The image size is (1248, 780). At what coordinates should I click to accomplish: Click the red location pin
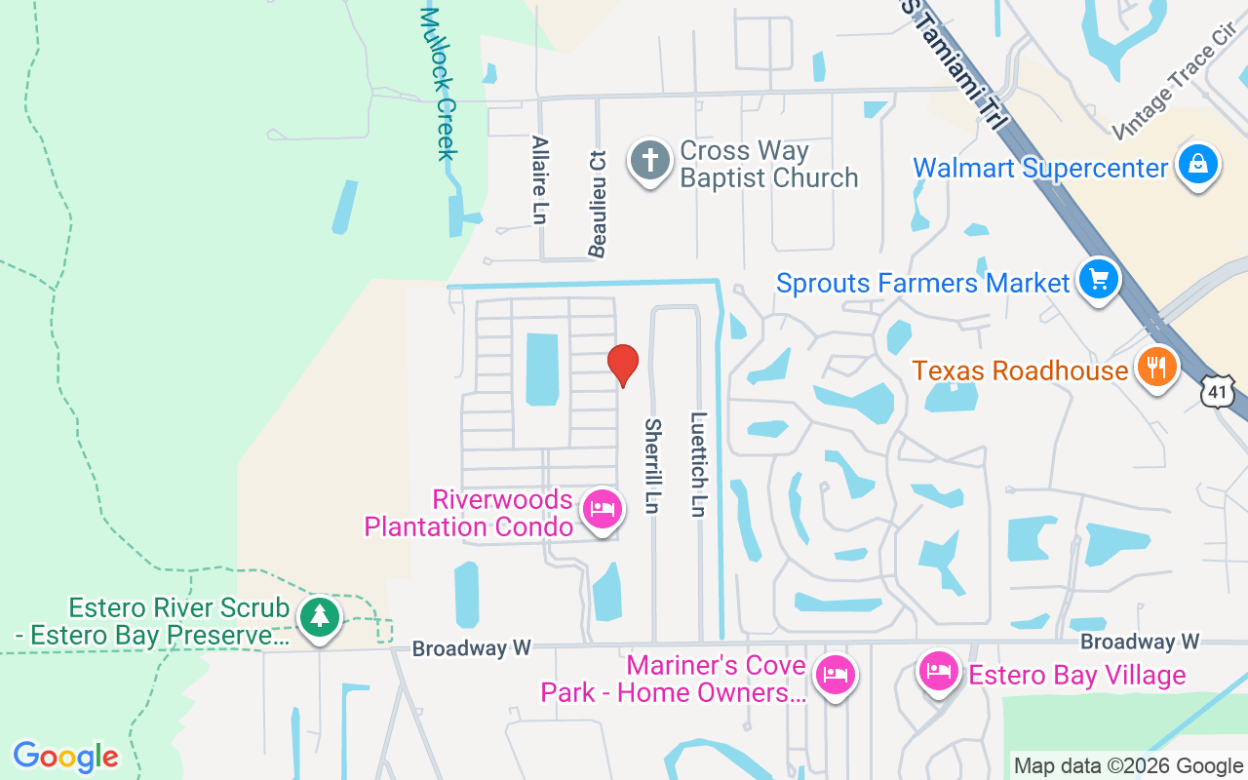pos(623,366)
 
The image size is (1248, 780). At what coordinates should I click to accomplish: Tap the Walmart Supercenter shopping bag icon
pos(1196,164)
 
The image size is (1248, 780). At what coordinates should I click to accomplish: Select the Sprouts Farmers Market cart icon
pos(1099,280)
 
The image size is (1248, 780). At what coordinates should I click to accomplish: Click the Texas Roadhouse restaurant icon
pos(1156,368)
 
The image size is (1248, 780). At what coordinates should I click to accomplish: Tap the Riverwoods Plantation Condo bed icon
pos(603,509)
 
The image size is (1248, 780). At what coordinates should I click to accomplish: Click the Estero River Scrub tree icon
pos(319,617)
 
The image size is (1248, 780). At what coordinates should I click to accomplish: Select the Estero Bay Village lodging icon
pos(939,672)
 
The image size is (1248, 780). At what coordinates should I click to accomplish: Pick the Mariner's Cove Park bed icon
pos(836,674)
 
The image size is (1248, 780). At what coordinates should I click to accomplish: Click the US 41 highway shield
pos(1218,392)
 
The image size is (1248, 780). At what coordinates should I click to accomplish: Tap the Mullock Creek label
pos(439,83)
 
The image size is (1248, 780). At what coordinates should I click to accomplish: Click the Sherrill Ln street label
pos(652,466)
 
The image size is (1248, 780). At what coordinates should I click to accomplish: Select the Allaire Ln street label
pos(539,179)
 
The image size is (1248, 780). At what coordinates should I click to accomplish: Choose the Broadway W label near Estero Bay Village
pos(1140,642)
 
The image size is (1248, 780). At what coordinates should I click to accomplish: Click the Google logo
pos(66,757)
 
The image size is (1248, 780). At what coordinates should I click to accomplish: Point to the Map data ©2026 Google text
pos(1128,766)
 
